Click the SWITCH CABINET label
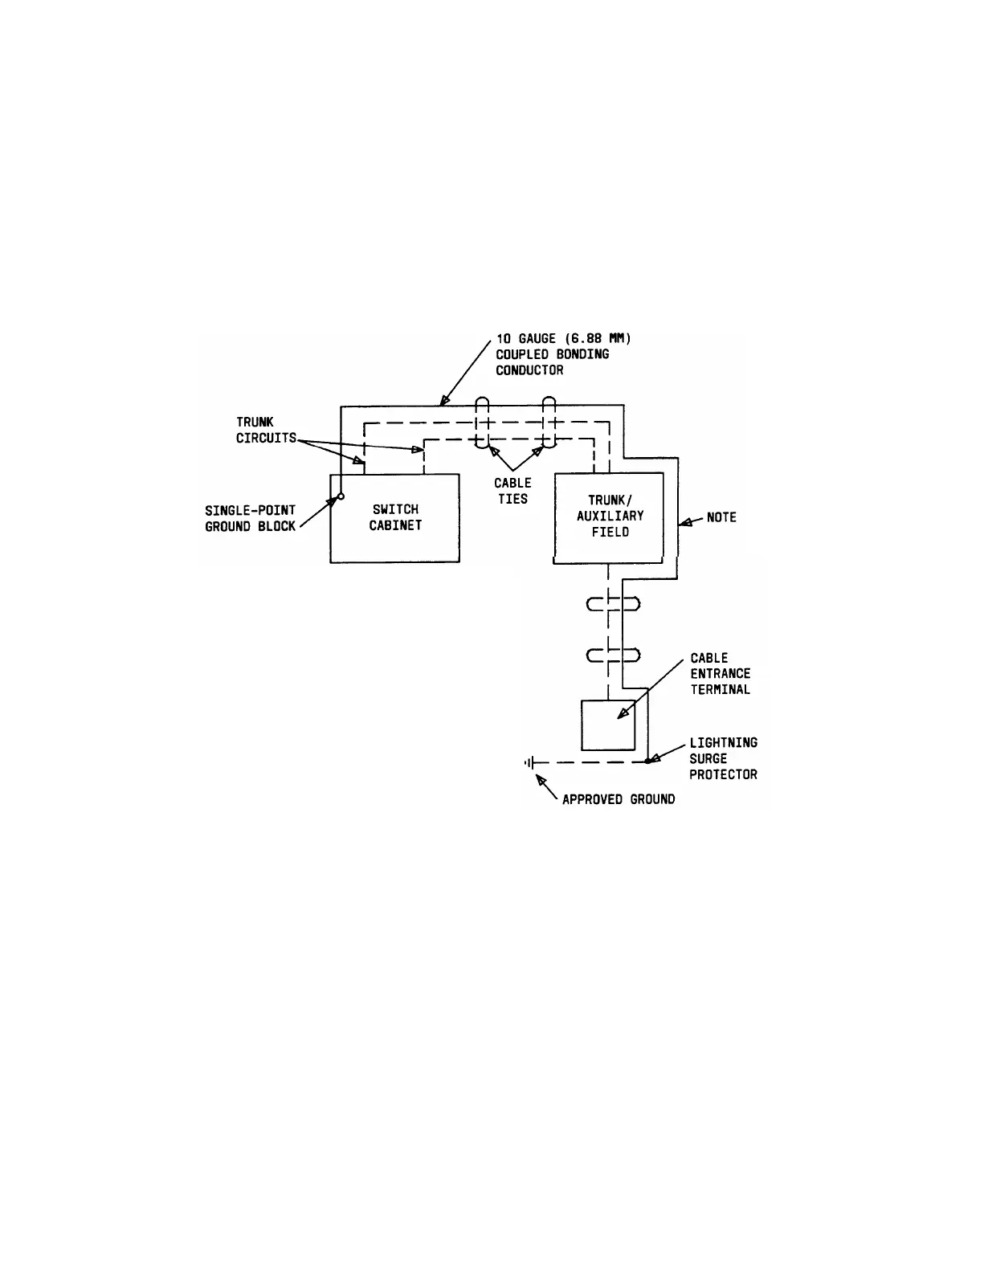tap(395, 517)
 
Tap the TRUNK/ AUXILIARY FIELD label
tap(610, 516)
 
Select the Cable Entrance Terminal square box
tap(607, 725)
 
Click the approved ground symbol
tap(530, 762)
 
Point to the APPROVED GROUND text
tap(619, 799)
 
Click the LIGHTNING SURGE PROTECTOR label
tap(723, 758)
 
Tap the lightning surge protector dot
tap(648, 761)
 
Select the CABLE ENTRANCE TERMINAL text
tap(720, 673)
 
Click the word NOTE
tap(721, 517)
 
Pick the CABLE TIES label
tap(512, 491)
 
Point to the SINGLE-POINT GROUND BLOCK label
tap(251, 518)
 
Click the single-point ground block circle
tap(341, 496)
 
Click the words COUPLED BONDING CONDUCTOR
tap(552, 362)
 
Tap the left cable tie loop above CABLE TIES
tap(483, 423)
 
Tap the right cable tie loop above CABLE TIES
tap(549, 423)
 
